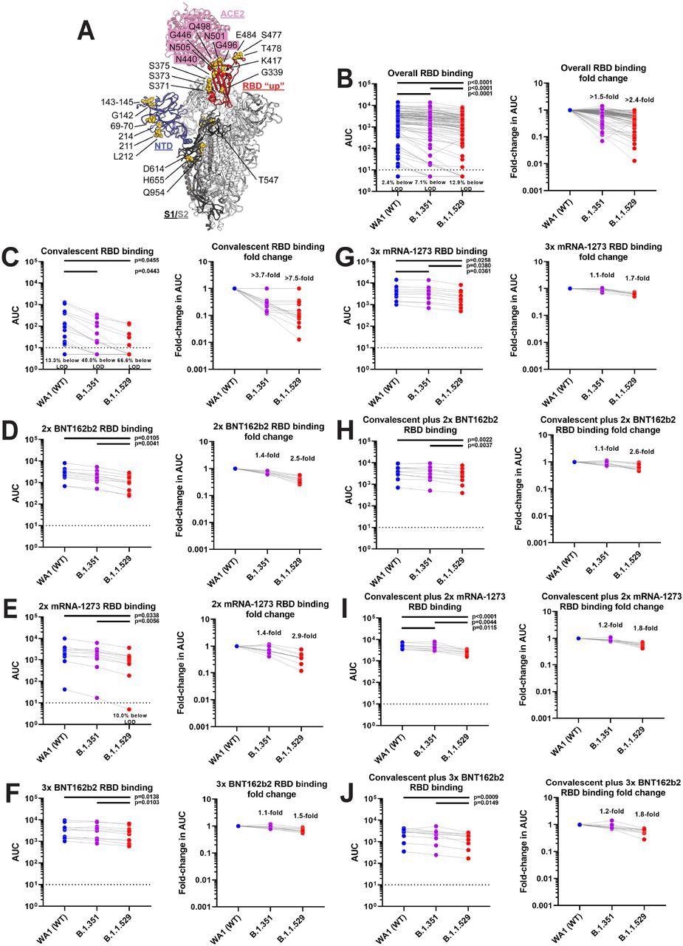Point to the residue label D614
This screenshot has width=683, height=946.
coord(154,150)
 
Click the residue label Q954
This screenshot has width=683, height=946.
coord(154,175)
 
